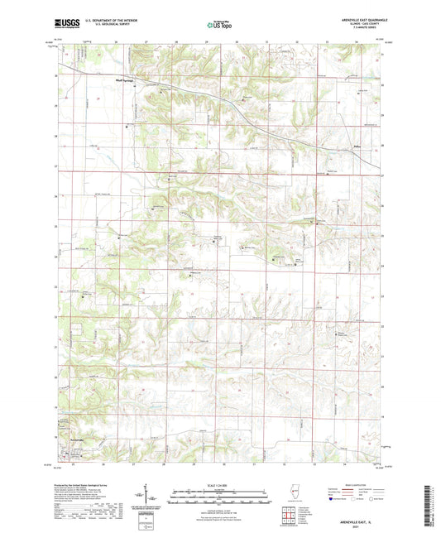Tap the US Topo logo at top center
coord(219,26)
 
